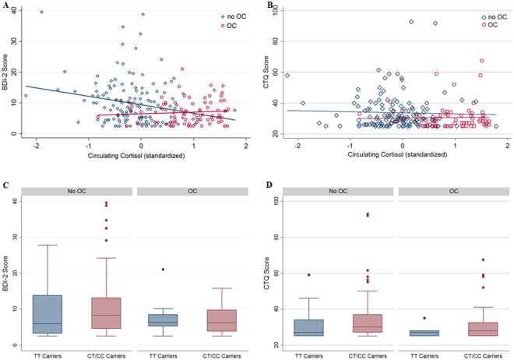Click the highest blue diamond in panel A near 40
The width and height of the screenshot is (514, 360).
(x=41, y=12)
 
